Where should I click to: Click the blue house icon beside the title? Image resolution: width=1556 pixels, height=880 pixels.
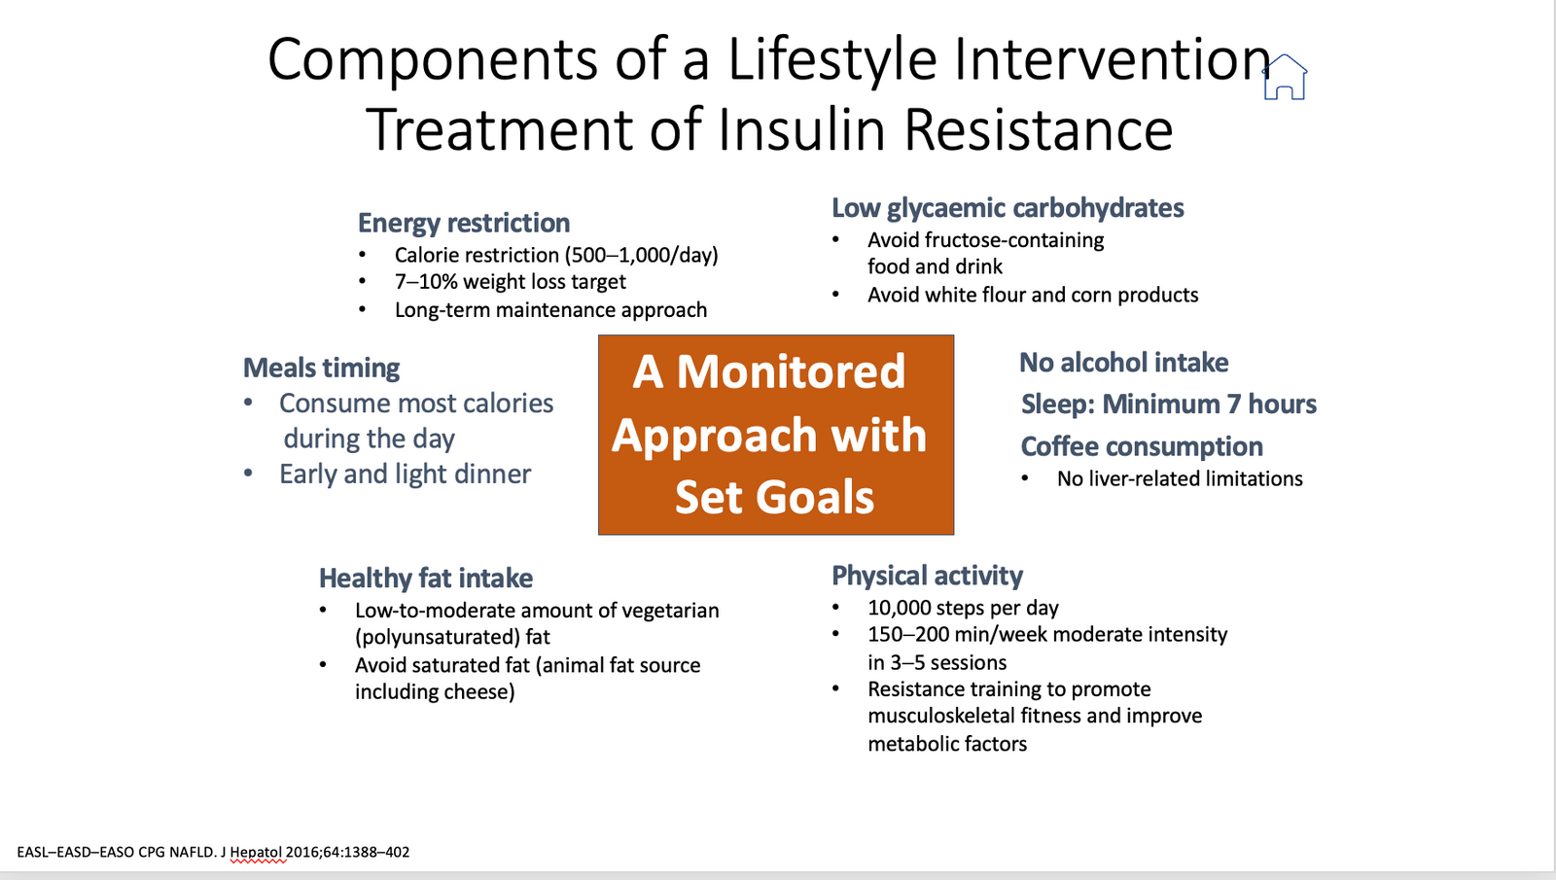click(1285, 77)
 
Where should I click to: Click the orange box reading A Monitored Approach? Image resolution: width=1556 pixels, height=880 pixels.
click(776, 435)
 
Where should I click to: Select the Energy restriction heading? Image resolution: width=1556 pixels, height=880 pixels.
click(463, 223)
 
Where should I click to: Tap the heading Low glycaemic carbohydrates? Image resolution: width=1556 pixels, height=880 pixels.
click(1008, 208)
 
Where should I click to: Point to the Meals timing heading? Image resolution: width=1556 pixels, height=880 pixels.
click(321, 369)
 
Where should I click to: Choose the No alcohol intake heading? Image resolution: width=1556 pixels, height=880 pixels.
click(1123, 363)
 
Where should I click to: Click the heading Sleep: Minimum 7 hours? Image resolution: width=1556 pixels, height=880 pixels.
click(1168, 405)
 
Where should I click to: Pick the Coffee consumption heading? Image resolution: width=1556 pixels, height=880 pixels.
click(1142, 446)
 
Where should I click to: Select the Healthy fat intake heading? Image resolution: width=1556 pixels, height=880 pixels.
click(425, 578)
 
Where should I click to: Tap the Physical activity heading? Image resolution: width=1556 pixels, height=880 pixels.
click(927, 576)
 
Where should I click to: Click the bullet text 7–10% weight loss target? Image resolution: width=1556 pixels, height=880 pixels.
click(510, 282)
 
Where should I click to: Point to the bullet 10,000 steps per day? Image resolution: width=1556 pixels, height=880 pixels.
click(963, 609)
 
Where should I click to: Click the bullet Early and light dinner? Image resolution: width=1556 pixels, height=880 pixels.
click(405, 475)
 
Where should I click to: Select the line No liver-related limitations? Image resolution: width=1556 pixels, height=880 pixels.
click(1180, 478)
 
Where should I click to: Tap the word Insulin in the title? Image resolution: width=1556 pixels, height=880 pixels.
click(801, 130)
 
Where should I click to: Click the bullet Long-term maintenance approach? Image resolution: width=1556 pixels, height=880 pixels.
click(550, 310)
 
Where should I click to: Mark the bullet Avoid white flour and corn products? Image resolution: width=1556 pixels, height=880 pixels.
click(1033, 296)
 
